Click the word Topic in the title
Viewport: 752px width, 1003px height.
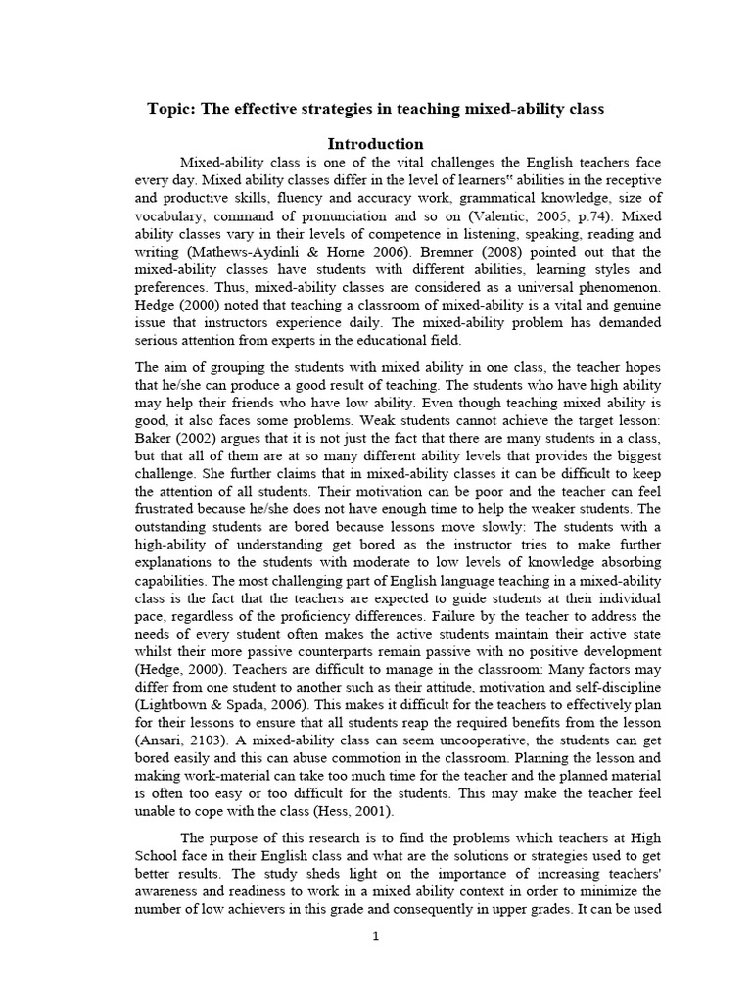[x=169, y=109]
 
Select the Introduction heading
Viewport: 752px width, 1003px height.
[x=375, y=143]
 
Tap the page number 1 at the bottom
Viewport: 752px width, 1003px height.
[x=375, y=936]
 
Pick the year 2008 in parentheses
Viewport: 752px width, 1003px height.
[x=520, y=252]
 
